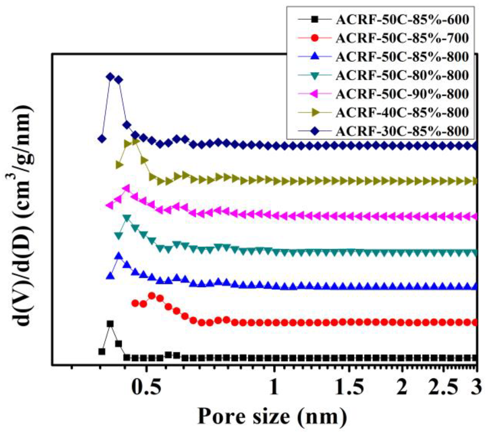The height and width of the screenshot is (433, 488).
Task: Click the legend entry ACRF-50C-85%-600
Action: (x=402, y=20)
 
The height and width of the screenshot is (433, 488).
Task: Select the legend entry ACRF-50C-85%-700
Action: (x=402, y=38)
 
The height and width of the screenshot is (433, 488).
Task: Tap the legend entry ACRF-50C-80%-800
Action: (x=402, y=76)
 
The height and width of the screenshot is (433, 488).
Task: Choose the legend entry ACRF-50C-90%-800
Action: (x=402, y=94)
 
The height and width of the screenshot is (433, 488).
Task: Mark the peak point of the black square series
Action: (x=110, y=324)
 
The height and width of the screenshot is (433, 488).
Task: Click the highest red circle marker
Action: (x=152, y=296)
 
